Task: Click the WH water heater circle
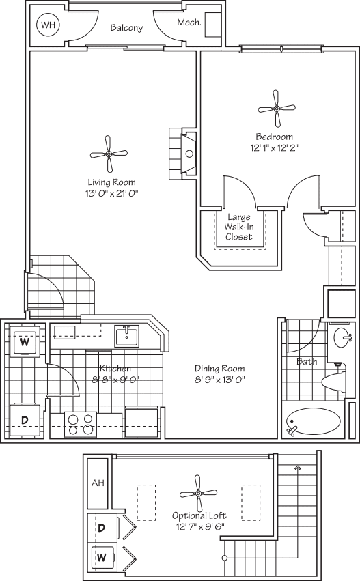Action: pyautogui.click(x=47, y=25)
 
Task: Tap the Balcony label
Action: pyautogui.click(x=126, y=28)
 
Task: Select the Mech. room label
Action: pyautogui.click(x=188, y=23)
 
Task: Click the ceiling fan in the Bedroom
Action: pyautogui.click(x=277, y=108)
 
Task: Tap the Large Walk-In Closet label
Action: pyautogui.click(x=239, y=227)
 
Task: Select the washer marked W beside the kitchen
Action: pyautogui.click(x=25, y=342)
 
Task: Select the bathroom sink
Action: pyautogui.click(x=341, y=337)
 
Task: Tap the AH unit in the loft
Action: pyautogui.click(x=97, y=483)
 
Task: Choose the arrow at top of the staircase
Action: pyautogui.click(x=297, y=468)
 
